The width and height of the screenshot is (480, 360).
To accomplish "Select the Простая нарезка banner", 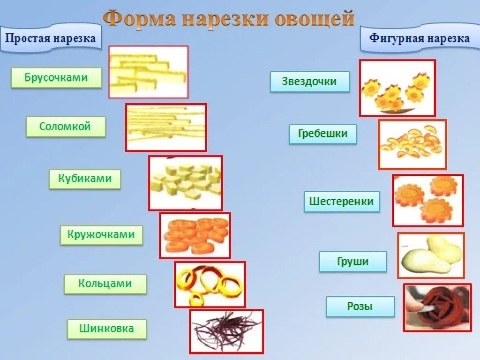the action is [51, 38].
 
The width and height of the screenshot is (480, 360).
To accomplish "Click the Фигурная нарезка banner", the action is [420, 38].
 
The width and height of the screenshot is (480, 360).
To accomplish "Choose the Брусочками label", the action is [56, 78].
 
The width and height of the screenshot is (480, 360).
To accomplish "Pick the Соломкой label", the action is [66, 127].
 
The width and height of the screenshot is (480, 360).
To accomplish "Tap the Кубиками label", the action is [85, 179].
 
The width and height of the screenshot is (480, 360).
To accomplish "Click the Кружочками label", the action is [101, 235].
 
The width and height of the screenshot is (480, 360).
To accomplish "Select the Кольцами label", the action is [105, 284].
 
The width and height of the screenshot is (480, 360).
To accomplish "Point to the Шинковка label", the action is [107, 329].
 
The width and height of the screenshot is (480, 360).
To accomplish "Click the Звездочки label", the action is [310, 82].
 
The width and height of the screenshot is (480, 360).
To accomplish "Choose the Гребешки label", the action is [323, 134].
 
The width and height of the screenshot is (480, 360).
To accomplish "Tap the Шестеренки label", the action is [342, 202].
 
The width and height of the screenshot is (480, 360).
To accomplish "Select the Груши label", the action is [352, 262].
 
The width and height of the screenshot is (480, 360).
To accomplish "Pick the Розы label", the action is [360, 307].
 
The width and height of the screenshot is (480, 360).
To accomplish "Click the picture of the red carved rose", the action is [437, 307].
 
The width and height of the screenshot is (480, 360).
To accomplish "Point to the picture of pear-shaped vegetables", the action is [431, 255].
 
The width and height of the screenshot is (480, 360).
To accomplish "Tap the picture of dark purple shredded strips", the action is [226, 331].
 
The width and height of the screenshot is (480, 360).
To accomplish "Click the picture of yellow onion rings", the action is [210, 285].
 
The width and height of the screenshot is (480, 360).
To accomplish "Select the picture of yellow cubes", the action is [186, 183].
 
